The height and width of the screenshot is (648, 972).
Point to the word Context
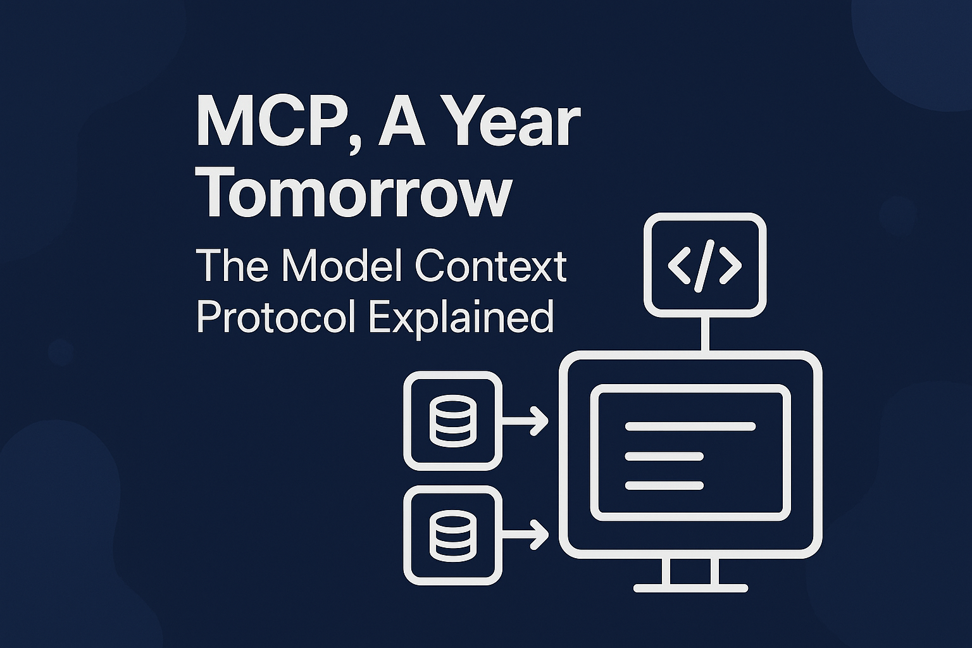490,265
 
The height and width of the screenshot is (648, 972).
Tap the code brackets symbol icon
704,265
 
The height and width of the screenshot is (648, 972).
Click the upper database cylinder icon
452,420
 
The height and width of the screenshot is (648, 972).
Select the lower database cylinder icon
452,535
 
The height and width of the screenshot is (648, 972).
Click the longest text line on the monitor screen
690,427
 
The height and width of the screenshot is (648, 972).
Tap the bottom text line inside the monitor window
664,485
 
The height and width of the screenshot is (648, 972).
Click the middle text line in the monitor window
664,456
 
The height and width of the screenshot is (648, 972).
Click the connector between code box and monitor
705,333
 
